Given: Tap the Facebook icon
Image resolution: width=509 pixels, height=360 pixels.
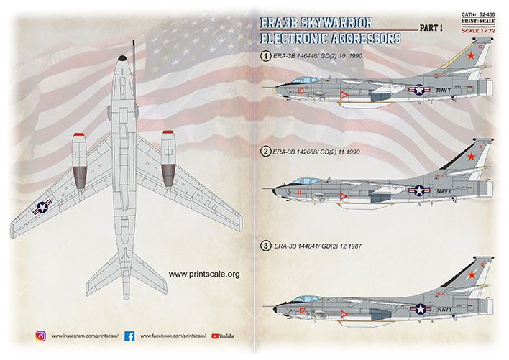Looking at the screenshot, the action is pyautogui.click(x=130, y=335).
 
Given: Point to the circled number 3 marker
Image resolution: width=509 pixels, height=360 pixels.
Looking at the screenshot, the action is pyautogui.click(x=266, y=246).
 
